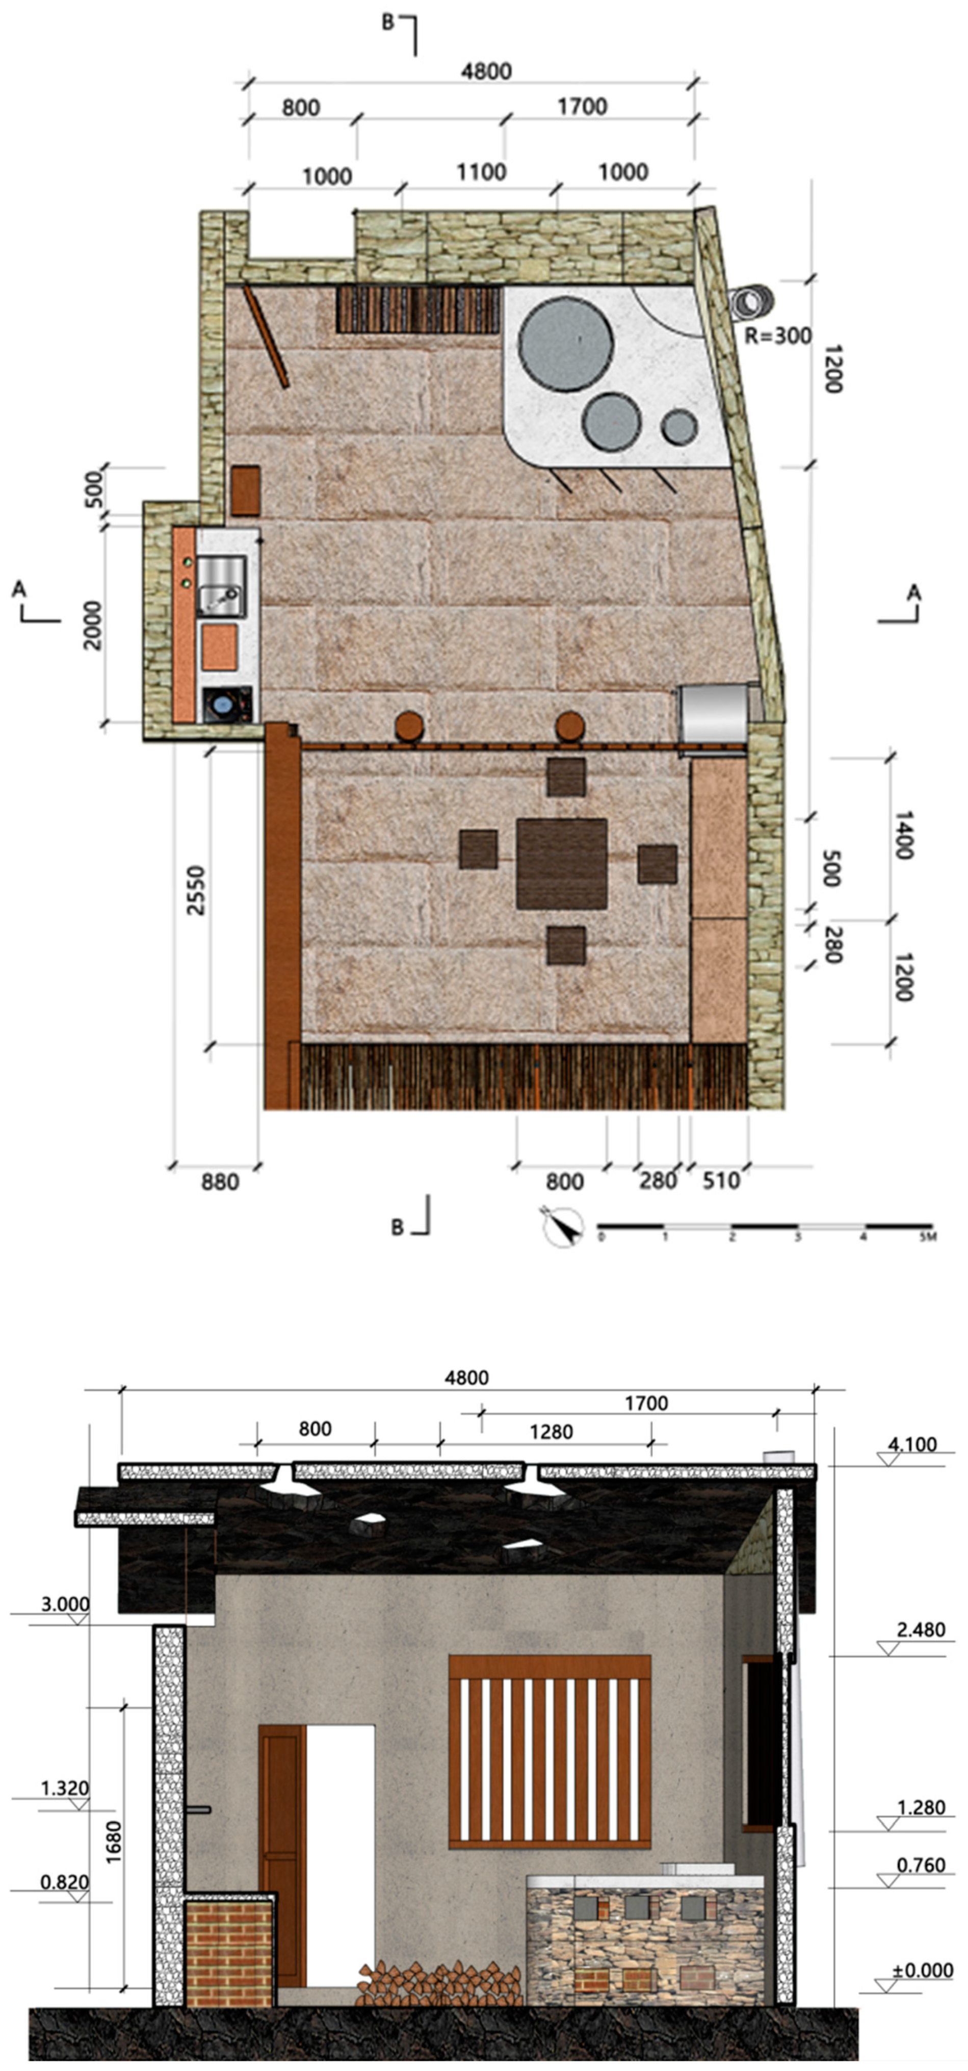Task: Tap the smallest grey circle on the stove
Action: click(679, 427)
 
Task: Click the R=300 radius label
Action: click(777, 335)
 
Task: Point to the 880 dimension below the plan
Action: click(220, 1182)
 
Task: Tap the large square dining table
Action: click(562, 864)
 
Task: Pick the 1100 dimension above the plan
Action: click(482, 172)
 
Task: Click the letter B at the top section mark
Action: click(387, 22)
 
